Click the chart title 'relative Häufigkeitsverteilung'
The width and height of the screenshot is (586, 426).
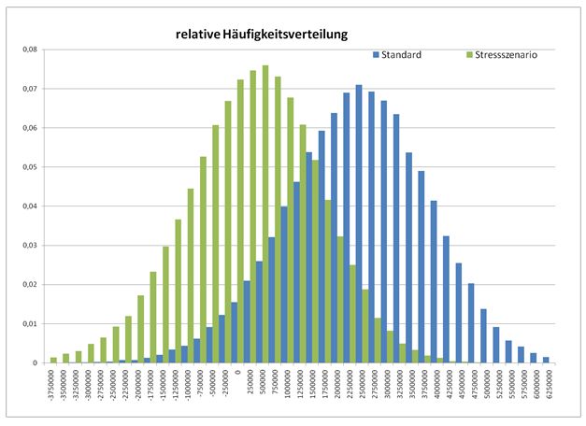click(x=262, y=35)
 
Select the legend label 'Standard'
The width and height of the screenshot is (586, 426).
click(x=402, y=55)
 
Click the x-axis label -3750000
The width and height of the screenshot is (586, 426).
click(x=54, y=386)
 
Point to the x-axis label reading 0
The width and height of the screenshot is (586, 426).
click(x=239, y=372)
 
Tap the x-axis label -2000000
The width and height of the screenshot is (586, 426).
click(x=140, y=386)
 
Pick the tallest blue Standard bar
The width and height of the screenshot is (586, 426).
click(x=359, y=224)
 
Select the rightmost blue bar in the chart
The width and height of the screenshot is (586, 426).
click(x=546, y=360)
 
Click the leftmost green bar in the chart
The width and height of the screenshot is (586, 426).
click(x=53, y=360)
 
